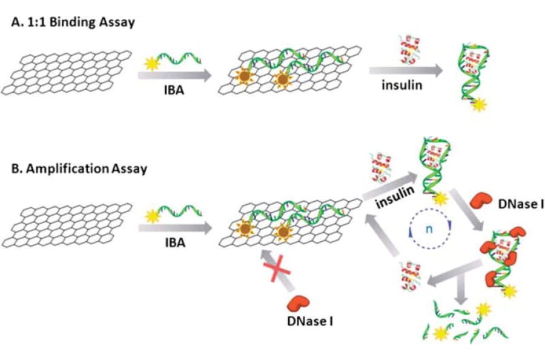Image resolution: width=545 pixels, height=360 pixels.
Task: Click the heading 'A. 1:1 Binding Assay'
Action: tap(73, 22)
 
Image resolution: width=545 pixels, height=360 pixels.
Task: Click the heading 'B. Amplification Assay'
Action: tap(79, 168)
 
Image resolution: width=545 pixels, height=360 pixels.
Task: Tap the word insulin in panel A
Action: tap(401, 84)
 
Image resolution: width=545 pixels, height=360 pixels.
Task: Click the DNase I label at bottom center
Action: tap(309, 321)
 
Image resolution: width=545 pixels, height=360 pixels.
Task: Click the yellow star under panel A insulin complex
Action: tap(478, 105)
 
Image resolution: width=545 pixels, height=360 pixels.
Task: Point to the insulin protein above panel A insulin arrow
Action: tap(405, 52)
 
